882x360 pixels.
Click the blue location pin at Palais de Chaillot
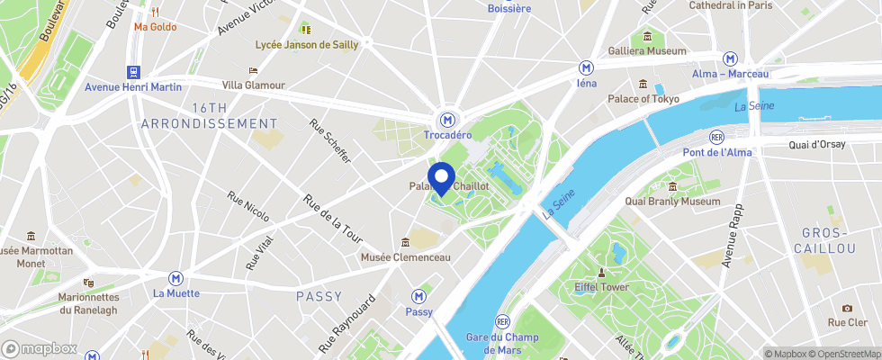[x=439, y=177]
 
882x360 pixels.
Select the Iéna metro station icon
[x=586, y=67]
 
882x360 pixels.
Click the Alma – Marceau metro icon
[x=731, y=58]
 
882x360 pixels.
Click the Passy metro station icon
[x=418, y=296]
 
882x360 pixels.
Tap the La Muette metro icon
[x=176, y=278]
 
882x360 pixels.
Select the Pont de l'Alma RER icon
[x=716, y=137]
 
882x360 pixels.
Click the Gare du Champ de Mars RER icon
[x=502, y=321]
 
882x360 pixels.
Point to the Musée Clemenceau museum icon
[x=405, y=242]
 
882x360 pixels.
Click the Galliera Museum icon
[x=647, y=37]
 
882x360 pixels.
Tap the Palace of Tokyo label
[x=643, y=99]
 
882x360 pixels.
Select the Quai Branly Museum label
[x=676, y=202]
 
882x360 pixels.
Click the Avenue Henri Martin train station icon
[x=134, y=72]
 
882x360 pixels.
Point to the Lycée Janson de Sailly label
[x=306, y=44]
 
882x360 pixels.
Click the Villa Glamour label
[x=253, y=85]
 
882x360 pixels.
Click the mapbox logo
[x=40, y=348]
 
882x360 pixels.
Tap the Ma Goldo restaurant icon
[x=155, y=12]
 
